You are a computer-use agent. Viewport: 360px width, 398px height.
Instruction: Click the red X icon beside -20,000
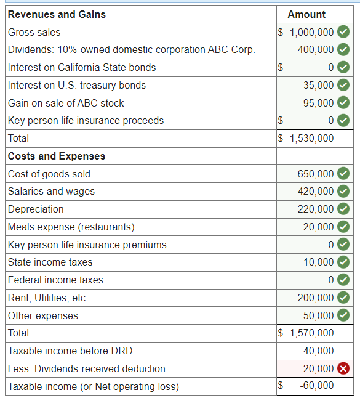(343, 368)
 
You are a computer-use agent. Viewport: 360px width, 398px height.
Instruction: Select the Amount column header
(306, 14)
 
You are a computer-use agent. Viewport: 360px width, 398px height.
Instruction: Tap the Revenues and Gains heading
(57, 14)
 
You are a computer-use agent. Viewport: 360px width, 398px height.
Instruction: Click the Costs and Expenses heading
(57, 156)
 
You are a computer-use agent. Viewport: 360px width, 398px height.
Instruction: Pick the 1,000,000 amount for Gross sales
(311, 33)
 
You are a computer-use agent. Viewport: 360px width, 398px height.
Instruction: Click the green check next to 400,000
(343, 49)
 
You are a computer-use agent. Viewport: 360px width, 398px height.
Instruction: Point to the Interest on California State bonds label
(82, 68)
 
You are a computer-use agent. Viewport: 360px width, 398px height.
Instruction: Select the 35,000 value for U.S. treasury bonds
(318, 85)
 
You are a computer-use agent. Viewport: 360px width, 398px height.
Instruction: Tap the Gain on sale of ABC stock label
(66, 103)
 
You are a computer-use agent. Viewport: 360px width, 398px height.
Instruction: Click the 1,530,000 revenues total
(311, 139)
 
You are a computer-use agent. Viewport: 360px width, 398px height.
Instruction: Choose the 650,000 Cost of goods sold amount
(316, 174)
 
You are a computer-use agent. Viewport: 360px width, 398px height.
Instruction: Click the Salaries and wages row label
(52, 192)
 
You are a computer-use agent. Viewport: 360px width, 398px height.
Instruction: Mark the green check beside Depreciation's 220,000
(343, 209)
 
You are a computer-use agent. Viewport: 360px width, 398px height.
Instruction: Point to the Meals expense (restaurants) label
(71, 227)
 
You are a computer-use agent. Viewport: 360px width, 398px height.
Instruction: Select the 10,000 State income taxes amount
(319, 262)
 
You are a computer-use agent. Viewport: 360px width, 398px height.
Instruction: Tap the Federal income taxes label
(55, 280)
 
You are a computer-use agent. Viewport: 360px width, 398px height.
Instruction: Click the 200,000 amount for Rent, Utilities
(316, 298)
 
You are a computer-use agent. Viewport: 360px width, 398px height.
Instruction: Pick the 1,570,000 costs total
(311, 333)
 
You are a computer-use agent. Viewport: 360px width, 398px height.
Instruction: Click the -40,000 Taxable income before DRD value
(317, 351)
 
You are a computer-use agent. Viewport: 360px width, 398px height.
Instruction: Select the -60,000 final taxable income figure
(317, 385)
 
